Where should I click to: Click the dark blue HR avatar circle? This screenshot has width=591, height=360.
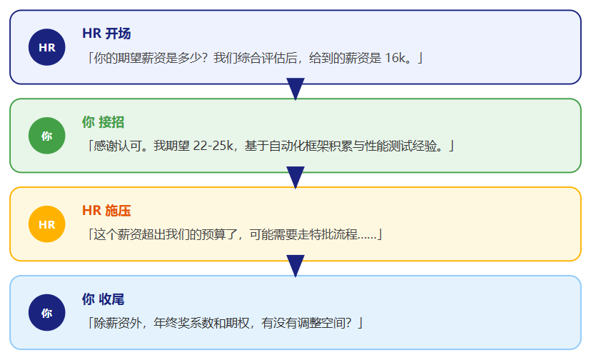click(x=46, y=47)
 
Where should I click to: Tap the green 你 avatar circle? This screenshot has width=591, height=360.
click(x=46, y=136)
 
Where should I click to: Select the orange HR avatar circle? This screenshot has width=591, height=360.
click(x=46, y=224)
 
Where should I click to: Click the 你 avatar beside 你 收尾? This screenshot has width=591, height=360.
click(x=46, y=312)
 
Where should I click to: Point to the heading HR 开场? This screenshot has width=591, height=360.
click(x=106, y=34)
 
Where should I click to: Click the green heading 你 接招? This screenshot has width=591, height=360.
click(x=103, y=122)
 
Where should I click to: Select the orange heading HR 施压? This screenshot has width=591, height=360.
click(x=106, y=211)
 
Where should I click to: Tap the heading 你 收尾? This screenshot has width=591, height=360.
click(x=103, y=299)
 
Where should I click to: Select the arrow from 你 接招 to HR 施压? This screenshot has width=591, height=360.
click(x=295, y=177)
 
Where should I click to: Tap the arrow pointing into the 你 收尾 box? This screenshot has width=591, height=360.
click(x=295, y=266)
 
